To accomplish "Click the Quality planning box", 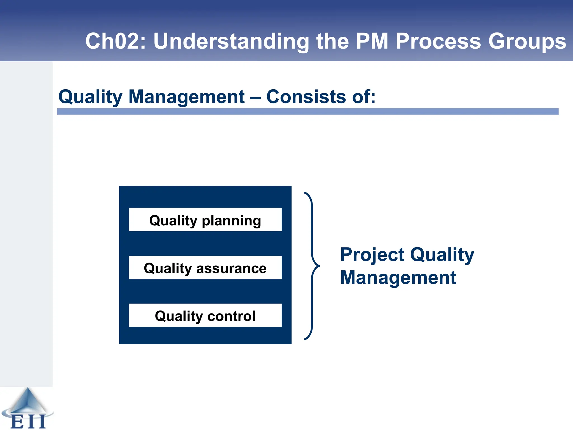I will (x=205, y=220).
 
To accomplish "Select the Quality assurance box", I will (x=205, y=267).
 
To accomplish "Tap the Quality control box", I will (x=205, y=315).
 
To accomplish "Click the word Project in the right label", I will (x=372, y=255).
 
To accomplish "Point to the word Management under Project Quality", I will (x=398, y=278).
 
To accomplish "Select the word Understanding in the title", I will (x=231, y=41).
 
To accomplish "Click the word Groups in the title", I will (x=527, y=41).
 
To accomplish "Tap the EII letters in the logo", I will (x=28, y=422).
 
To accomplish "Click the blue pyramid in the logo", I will (x=28, y=400).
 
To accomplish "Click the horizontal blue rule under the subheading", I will (x=308, y=111).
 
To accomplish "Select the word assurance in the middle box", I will (x=231, y=268).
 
